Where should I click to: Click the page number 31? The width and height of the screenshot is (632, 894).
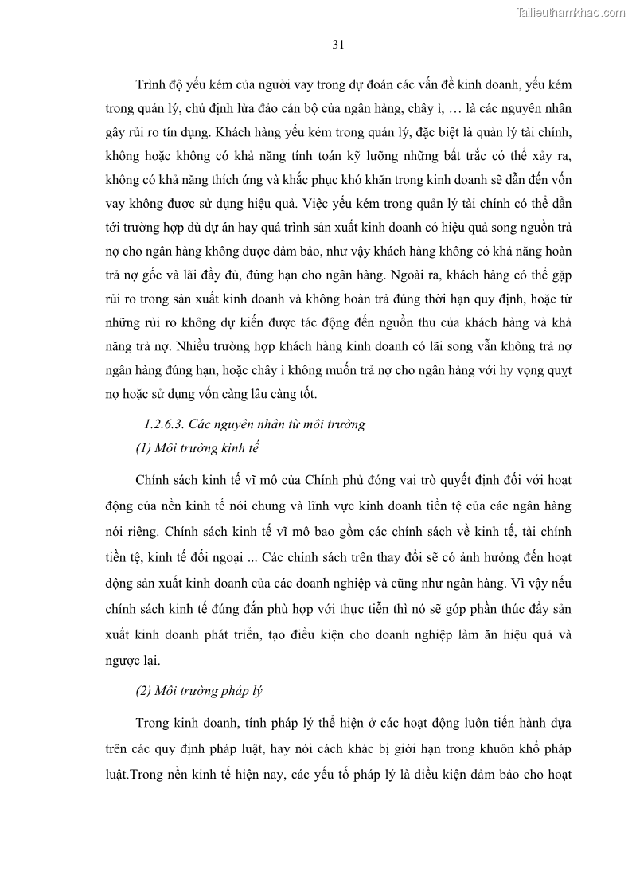click(337, 45)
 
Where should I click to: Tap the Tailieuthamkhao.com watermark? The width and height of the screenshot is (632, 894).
click(571, 12)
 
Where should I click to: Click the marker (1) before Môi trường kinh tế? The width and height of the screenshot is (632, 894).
click(144, 448)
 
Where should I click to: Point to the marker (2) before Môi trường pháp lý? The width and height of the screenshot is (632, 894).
click(144, 691)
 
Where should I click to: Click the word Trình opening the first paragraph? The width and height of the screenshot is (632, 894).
click(151, 84)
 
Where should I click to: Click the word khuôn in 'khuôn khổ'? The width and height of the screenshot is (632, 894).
click(487, 749)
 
